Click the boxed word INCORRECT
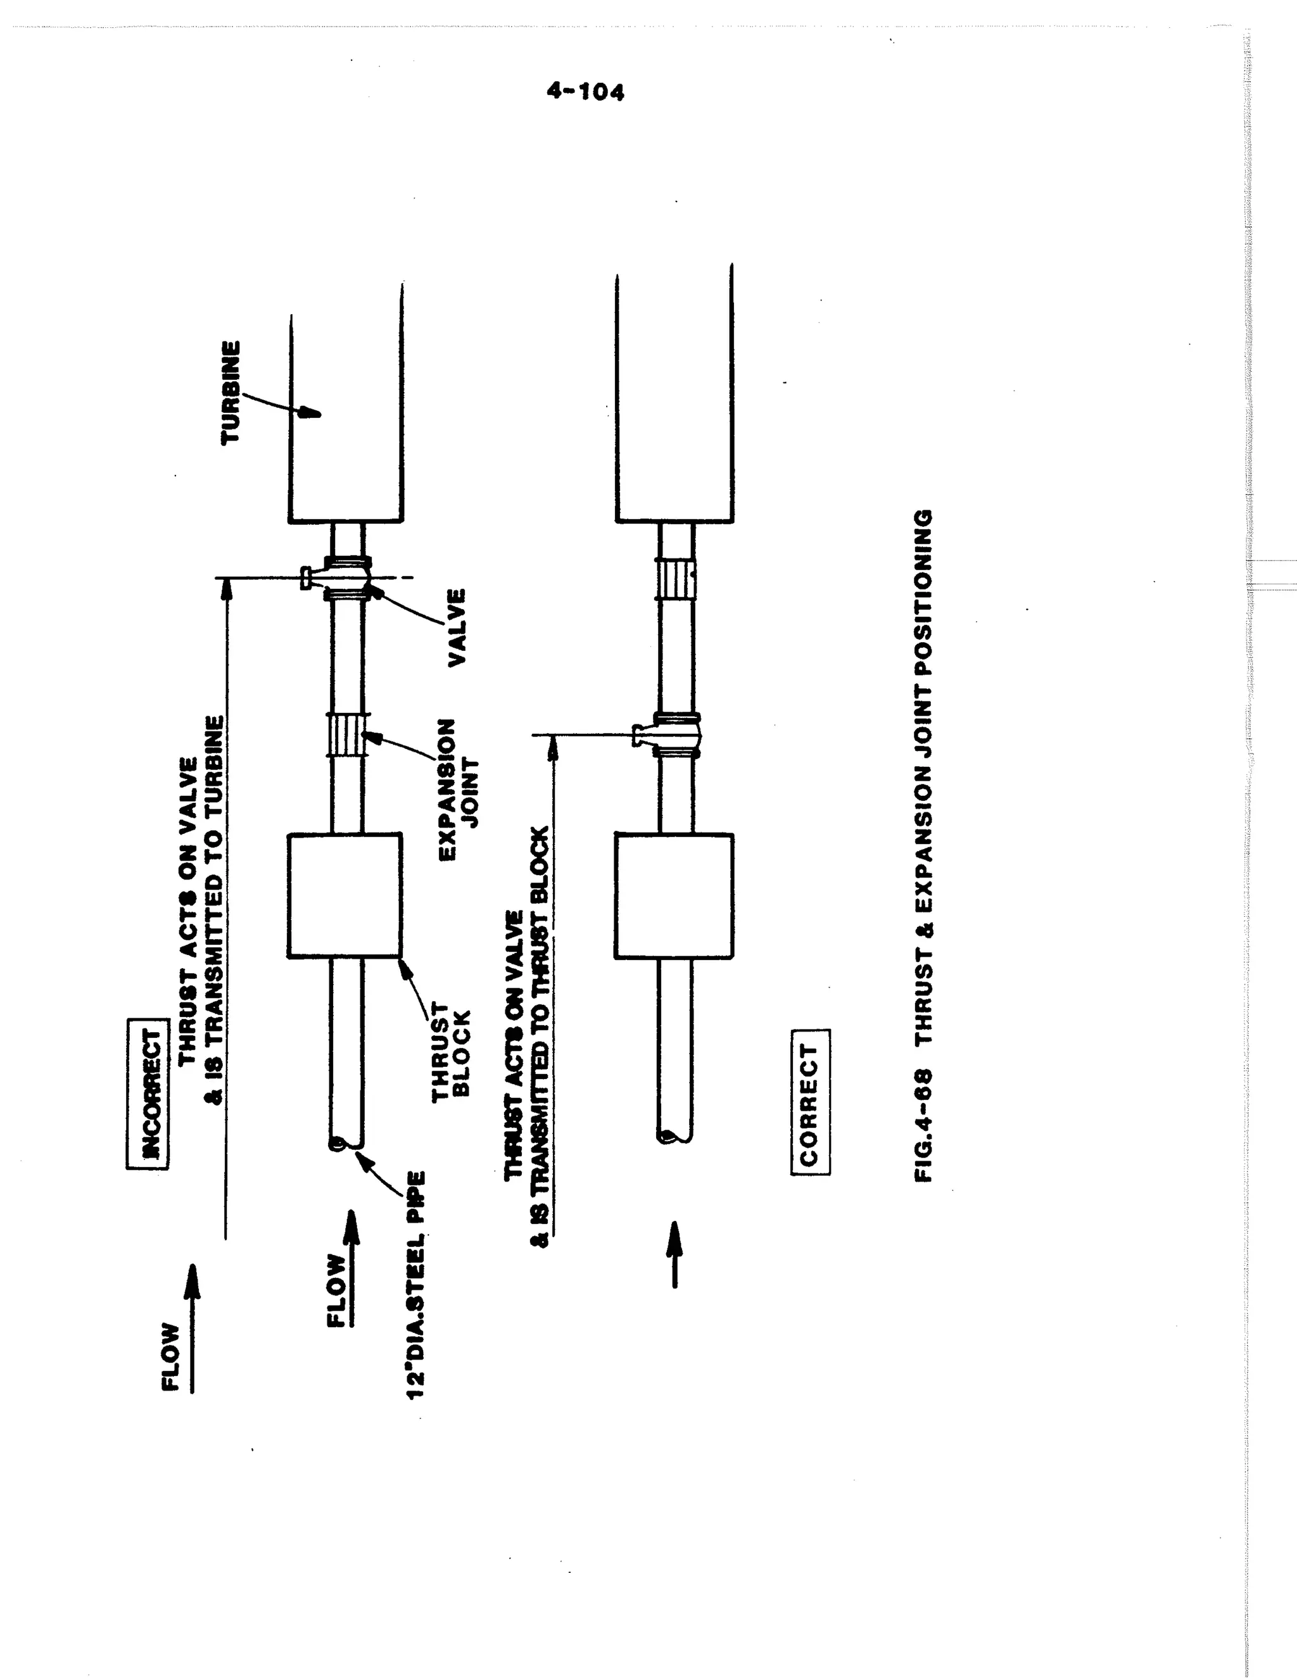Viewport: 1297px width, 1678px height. [x=147, y=1094]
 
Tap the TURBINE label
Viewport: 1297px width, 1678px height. [x=231, y=392]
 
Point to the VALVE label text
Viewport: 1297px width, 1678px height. [x=457, y=627]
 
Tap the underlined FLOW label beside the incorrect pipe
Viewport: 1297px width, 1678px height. [x=338, y=1290]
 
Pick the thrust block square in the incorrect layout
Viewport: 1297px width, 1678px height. [x=345, y=896]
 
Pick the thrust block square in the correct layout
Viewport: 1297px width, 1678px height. [x=674, y=896]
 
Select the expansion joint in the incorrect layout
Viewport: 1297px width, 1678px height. [x=347, y=735]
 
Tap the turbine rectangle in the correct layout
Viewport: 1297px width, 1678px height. [x=674, y=400]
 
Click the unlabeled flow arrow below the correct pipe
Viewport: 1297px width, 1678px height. [x=674, y=1254]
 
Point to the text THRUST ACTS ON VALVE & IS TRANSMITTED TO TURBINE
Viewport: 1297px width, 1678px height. [x=201, y=911]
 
